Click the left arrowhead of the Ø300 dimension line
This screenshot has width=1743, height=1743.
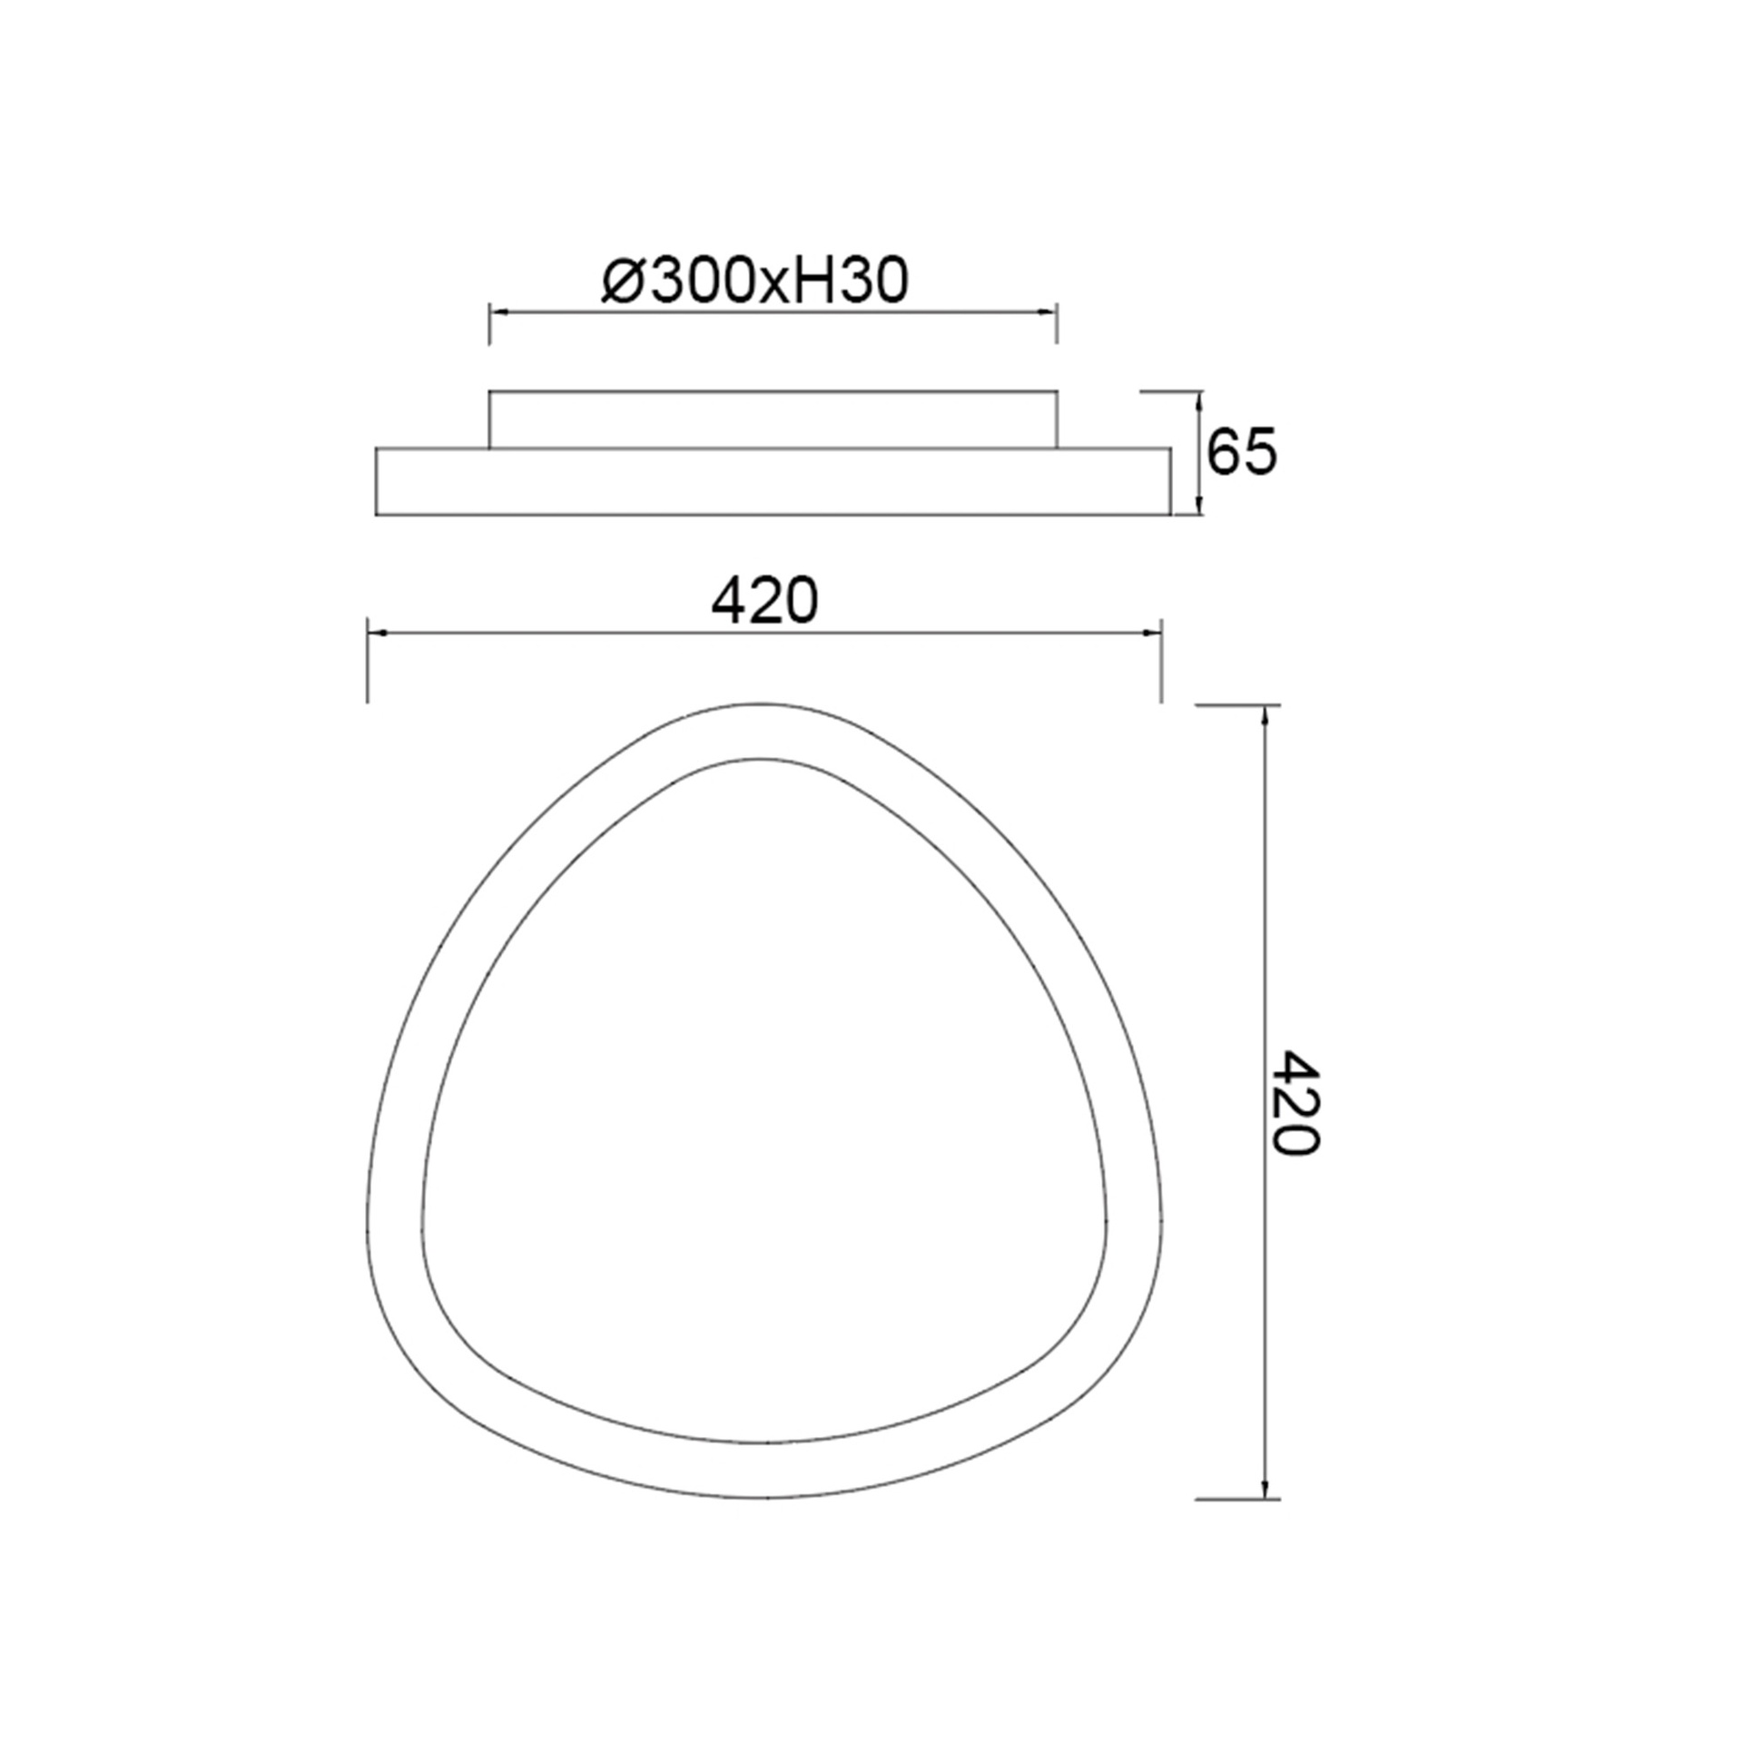click(497, 312)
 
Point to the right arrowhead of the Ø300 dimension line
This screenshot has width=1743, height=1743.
click(1049, 312)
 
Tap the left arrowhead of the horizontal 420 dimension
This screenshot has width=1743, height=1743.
click(376, 633)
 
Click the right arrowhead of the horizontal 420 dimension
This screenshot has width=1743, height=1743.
click(1154, 633)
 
